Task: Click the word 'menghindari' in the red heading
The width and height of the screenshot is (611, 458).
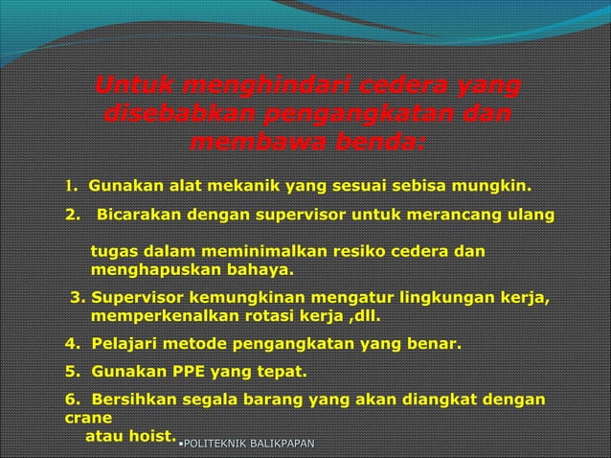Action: point(259,89)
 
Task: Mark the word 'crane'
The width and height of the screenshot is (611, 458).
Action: point(89,418)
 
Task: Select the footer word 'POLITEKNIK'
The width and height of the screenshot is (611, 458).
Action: point(216,442)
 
